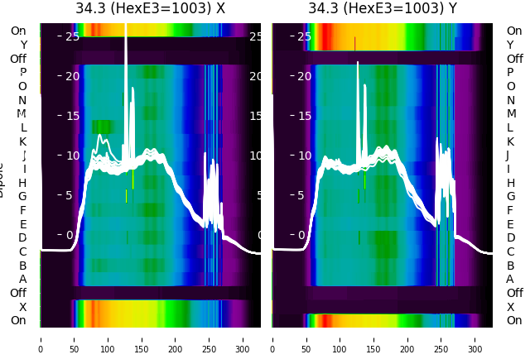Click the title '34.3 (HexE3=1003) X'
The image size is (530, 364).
pyautogui.click(x=150, y=9)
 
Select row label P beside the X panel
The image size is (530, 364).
pyautogui.click(x=22, y=73)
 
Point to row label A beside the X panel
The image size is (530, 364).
pyautogui.click(x=22, y=280)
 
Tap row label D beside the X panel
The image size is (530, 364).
pyautogui.click(x=22, y=238)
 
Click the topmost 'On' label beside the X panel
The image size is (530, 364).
pyautogui.click(x=18, y=31)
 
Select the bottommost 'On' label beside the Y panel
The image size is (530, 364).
pyautogui.click(x=514, y=321)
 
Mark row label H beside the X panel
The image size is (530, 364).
pyautogui.click(x=22, y=183)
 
